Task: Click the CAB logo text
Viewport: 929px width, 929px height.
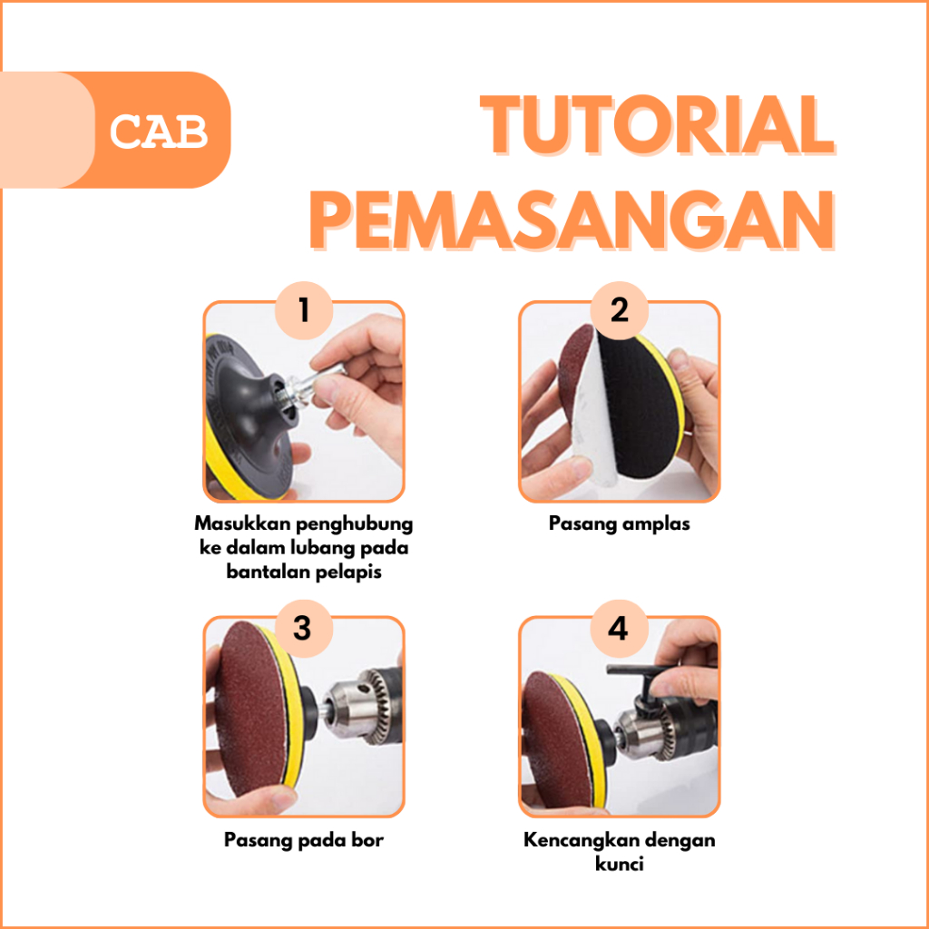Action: (x=159, y=132)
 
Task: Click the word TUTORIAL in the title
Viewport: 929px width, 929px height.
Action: (x=657, y=125)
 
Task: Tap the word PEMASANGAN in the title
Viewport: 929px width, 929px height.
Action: (x=572, y=220)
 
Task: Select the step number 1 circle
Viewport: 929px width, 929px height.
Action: (x=304, y=310)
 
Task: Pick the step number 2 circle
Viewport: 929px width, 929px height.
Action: (x=619, y=310)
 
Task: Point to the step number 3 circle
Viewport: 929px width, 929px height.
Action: (x=303, y=628)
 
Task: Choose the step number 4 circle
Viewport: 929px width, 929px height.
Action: (x=619, y=628)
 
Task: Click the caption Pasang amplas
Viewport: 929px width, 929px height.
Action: (x=619, y=524)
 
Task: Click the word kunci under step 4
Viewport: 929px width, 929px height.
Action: (x=619, y=865)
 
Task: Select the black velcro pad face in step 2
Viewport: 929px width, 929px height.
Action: (x=637, y=409)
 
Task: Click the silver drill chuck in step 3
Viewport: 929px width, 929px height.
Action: (x=355, y=707)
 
